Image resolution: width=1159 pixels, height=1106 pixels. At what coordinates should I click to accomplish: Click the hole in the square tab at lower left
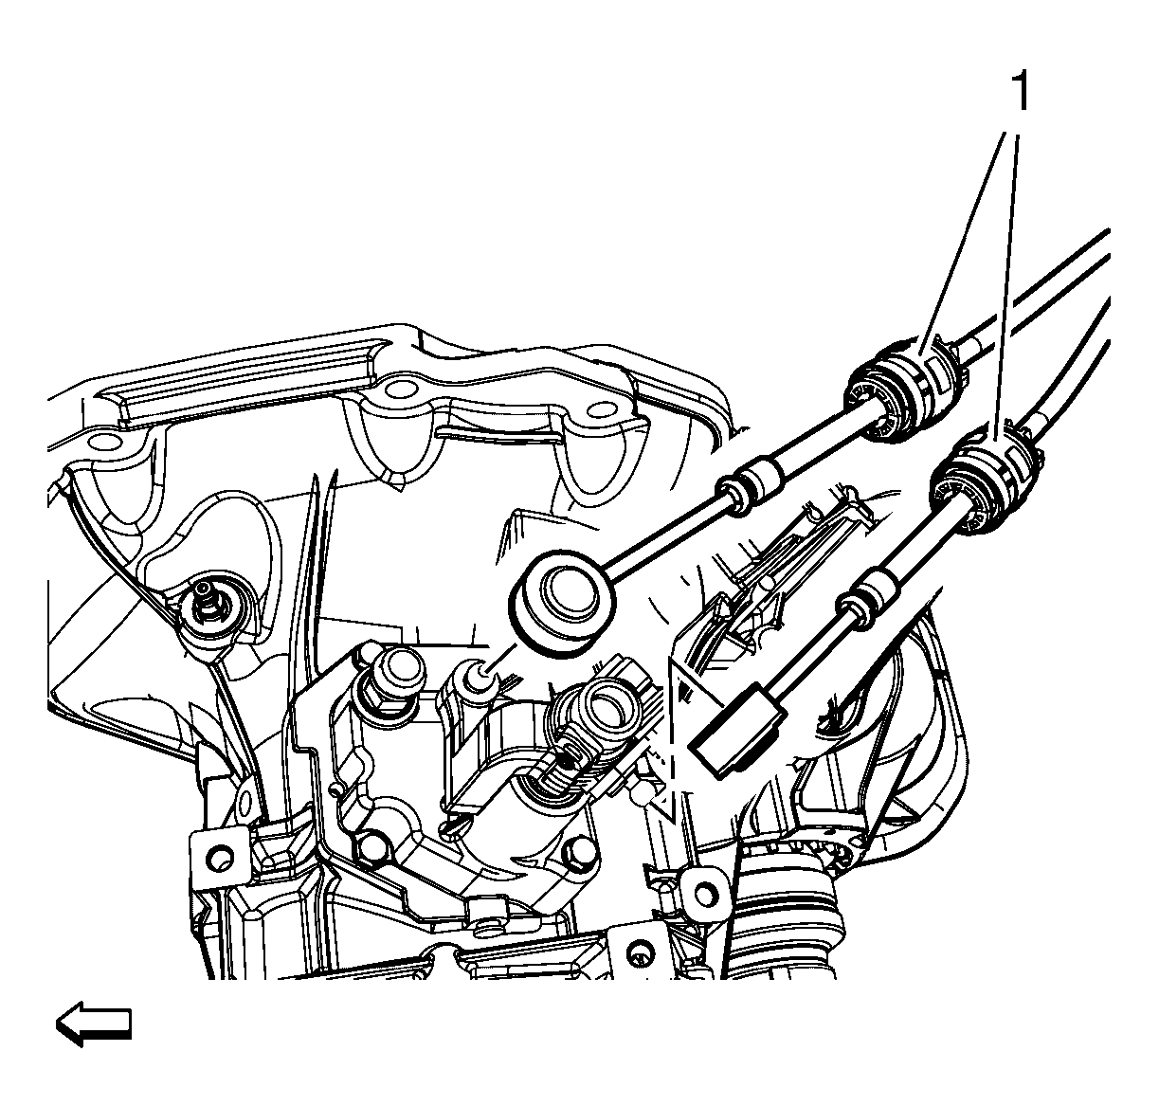click(x=219, y=856)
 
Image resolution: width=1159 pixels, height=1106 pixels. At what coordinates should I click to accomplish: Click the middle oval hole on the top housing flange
click(x=399, y=388)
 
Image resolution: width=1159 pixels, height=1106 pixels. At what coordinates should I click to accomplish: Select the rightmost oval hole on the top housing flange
click(x=602, y=408)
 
